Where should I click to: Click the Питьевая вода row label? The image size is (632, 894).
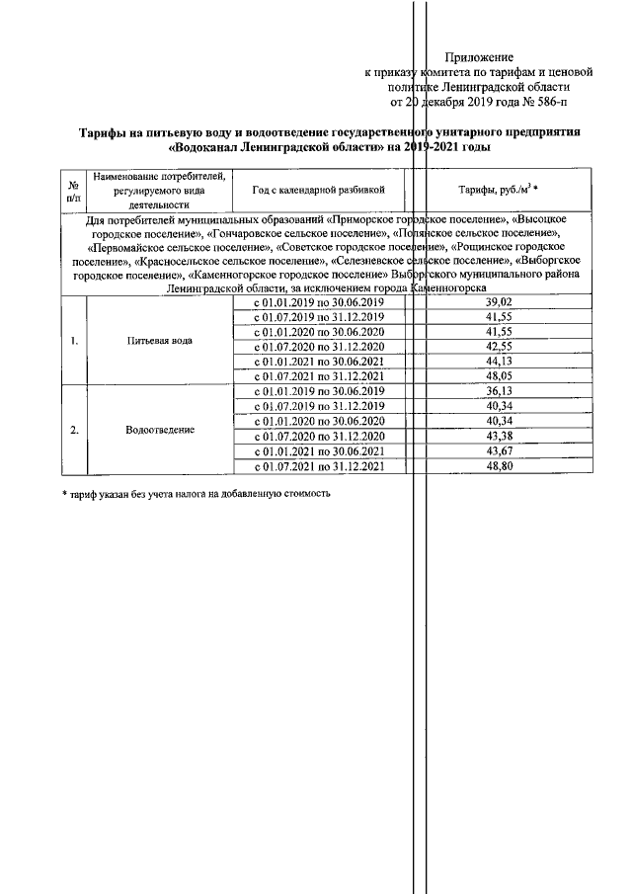[x=160, y=340]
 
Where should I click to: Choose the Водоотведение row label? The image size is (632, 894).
[x=160, y=430]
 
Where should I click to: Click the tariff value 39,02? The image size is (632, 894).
[x=504, y=302]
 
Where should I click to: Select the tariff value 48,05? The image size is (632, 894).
[x=504, y=376]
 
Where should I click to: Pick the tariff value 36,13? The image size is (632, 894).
[x=504, y=391]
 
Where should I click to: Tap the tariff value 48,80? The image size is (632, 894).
[x=504, y=466]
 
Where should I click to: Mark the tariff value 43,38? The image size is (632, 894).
[x=504, y=437]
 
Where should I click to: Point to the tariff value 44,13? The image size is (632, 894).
[x=504, y=362]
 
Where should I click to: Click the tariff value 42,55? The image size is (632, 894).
[x=504, y=347]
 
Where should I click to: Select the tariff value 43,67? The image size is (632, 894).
[x=504, y=451]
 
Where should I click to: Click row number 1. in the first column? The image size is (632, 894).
[x=72, y=340]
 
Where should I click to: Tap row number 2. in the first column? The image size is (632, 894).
[x=72, y=430]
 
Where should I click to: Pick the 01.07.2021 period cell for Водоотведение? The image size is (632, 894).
[x=317, y=466]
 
